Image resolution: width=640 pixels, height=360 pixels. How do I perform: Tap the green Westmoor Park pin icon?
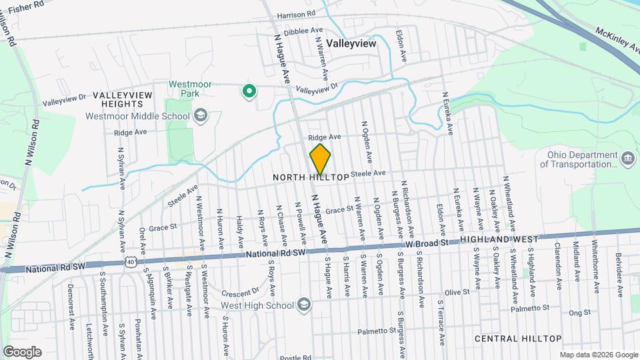coord(249,91)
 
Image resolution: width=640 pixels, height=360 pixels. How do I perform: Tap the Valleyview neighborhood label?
coord(351,43)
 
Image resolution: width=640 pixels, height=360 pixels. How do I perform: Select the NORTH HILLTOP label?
coord(311,178)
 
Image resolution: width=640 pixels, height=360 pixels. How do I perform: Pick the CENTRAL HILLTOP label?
coord(518,339)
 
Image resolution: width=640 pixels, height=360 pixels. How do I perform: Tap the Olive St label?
coord(457,292)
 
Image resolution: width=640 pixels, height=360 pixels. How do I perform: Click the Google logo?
coord(22,351)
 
